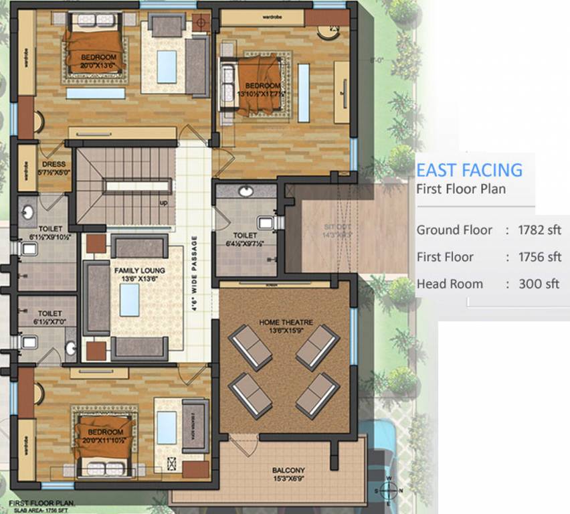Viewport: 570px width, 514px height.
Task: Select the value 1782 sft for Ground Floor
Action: click(x=539, y=230)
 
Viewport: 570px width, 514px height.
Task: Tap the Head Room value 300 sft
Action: click(x=539, y=284)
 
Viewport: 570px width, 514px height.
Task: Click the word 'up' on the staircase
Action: click(x=163, y=201)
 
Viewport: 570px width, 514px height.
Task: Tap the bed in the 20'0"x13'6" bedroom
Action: click(x=93, y=51)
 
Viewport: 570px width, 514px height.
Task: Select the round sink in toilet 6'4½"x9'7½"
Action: click(x=246, y=191)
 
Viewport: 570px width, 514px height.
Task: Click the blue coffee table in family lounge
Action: click(x=130, y=299)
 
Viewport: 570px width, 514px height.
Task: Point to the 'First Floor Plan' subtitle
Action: click(x=461, y=189)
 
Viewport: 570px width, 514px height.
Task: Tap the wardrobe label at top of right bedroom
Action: click(x=271, y=13)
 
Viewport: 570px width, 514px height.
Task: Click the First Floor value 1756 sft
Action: click(x=539, y=257)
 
